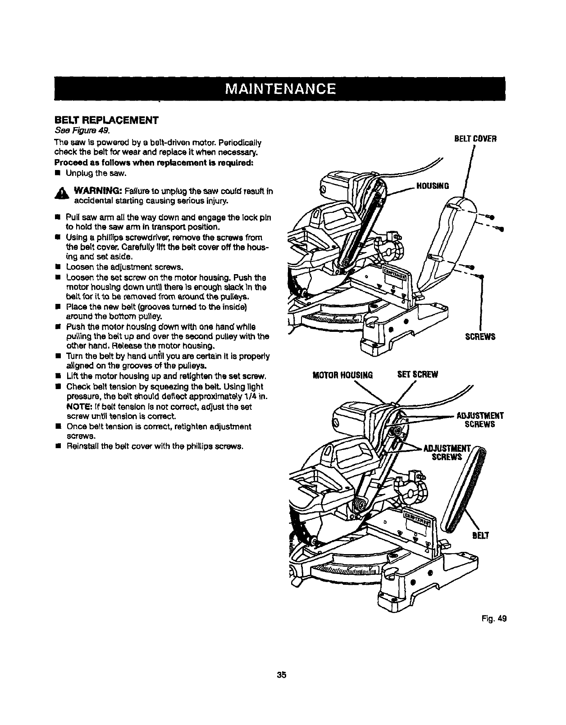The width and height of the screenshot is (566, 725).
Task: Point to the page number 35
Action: pos(282,675)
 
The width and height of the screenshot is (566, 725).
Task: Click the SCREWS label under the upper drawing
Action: pos(481,336)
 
